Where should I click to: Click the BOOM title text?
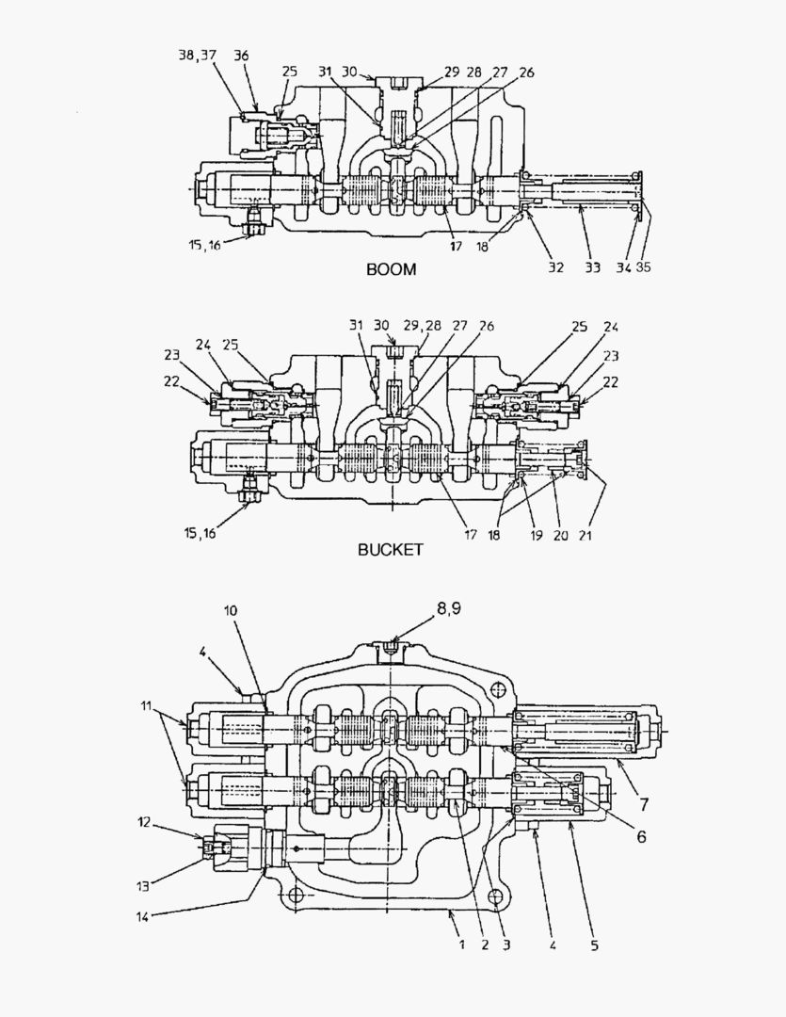391,269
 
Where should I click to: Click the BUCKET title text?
391,549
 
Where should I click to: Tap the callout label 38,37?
198,56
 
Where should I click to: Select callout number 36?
242,56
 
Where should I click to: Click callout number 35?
643,267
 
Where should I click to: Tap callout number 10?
232,610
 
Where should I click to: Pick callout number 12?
143,822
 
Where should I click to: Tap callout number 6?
640,834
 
